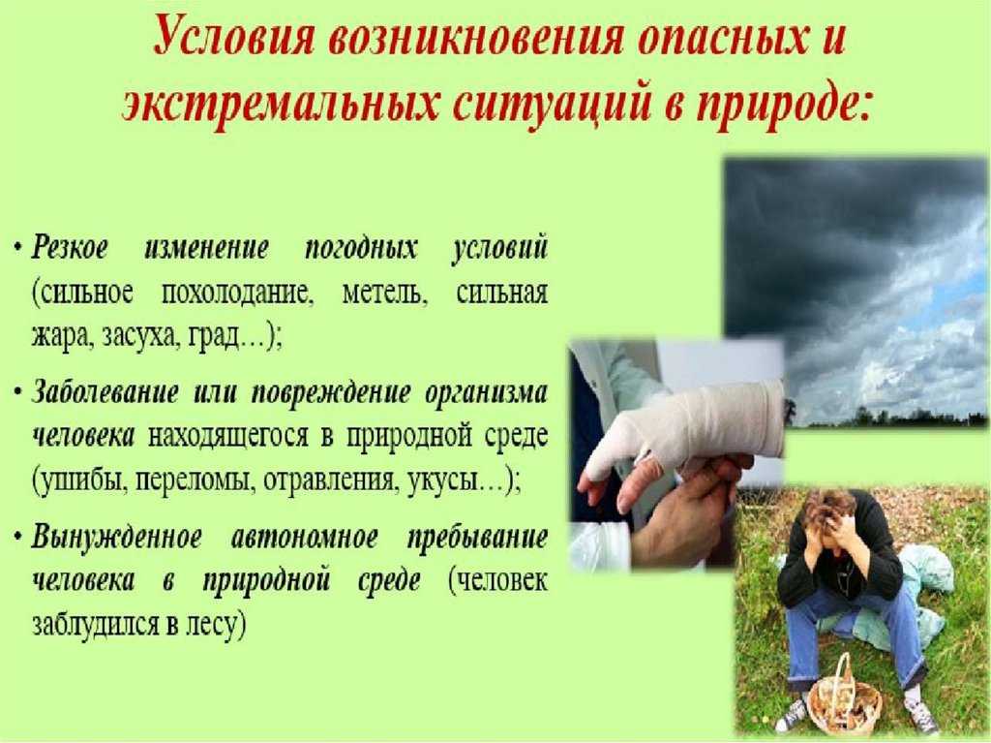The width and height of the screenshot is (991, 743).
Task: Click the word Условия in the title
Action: [234, 41]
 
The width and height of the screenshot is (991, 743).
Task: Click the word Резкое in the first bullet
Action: [70, 247]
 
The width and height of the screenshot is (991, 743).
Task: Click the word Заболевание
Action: [105, 393]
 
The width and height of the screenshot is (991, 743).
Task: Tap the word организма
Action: [486, 394]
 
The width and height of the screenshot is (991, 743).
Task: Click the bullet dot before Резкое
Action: [19, 247]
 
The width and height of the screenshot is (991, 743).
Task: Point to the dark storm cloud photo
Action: [856, 293]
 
